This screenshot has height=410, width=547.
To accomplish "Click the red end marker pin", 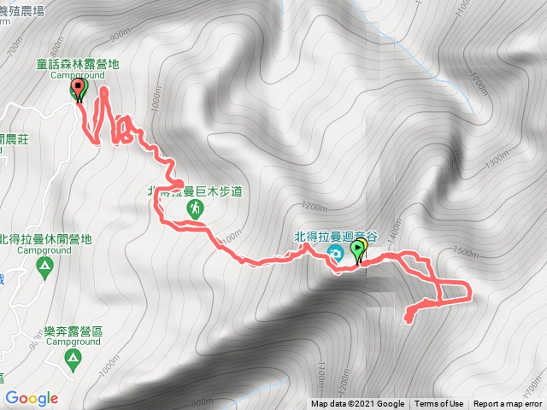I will pos(79,88).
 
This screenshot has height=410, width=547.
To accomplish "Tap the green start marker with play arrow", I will pos(358,250).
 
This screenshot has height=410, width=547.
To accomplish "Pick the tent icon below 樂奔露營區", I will pos(74,359).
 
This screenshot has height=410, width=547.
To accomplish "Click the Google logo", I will pos(31,398).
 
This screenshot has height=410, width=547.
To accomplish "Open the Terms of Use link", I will pos(439,404).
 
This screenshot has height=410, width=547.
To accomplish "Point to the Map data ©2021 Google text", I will pos(357,404).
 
